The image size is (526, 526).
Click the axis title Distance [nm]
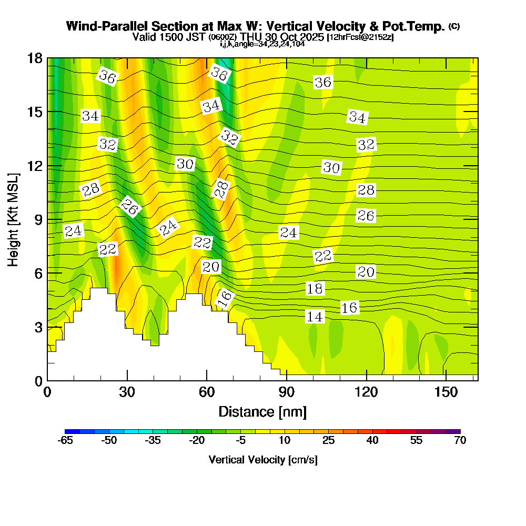click(x=262, y=411)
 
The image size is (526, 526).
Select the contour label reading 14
click(x=315, y=316)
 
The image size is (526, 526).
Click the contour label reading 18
click(x=315, y=288)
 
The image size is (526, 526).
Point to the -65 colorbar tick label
click(x=65, y=441)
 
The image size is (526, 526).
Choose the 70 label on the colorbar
click(x=460, y=441)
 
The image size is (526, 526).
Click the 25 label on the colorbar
click(x=328, y=441)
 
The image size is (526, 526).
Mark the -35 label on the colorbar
click(x=153, y=441)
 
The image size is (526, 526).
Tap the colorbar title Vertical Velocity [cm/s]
click(x=262, y=460)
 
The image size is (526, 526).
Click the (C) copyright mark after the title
click(x=454, y=26)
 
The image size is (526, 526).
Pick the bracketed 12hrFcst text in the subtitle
click(x=360, y=38)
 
